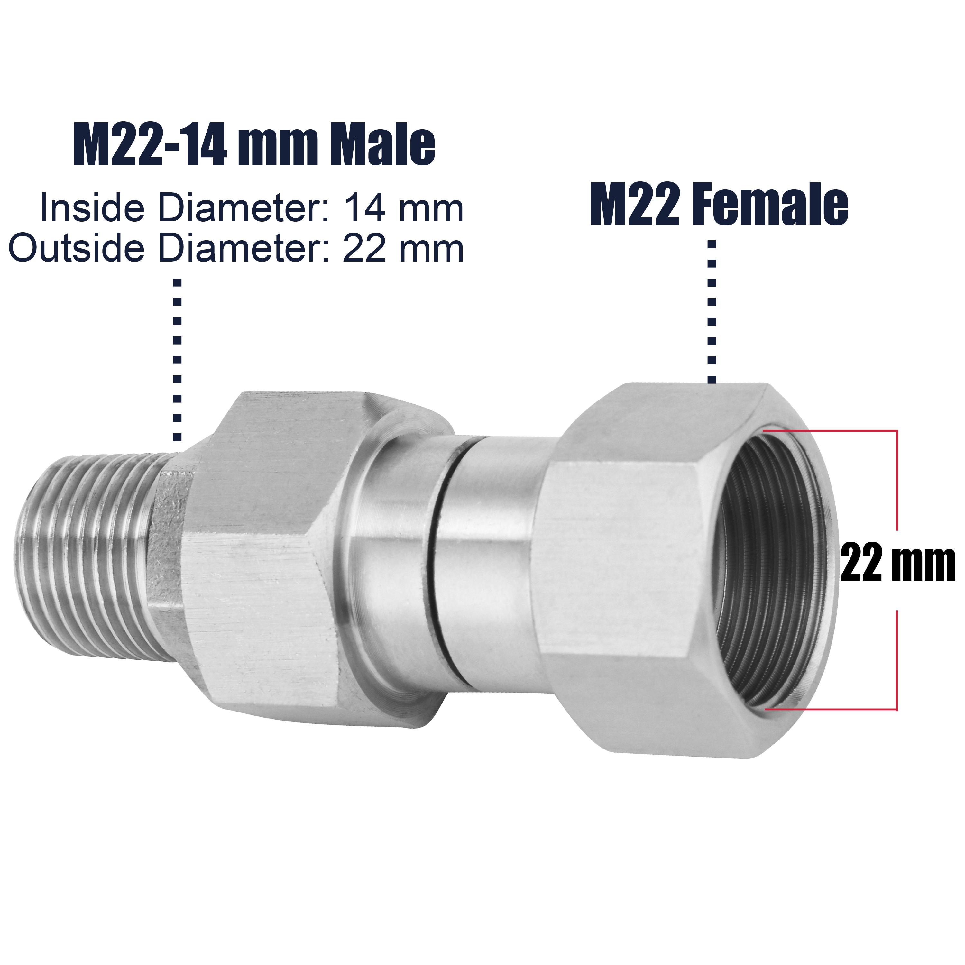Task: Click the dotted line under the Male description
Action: coord(177,360)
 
